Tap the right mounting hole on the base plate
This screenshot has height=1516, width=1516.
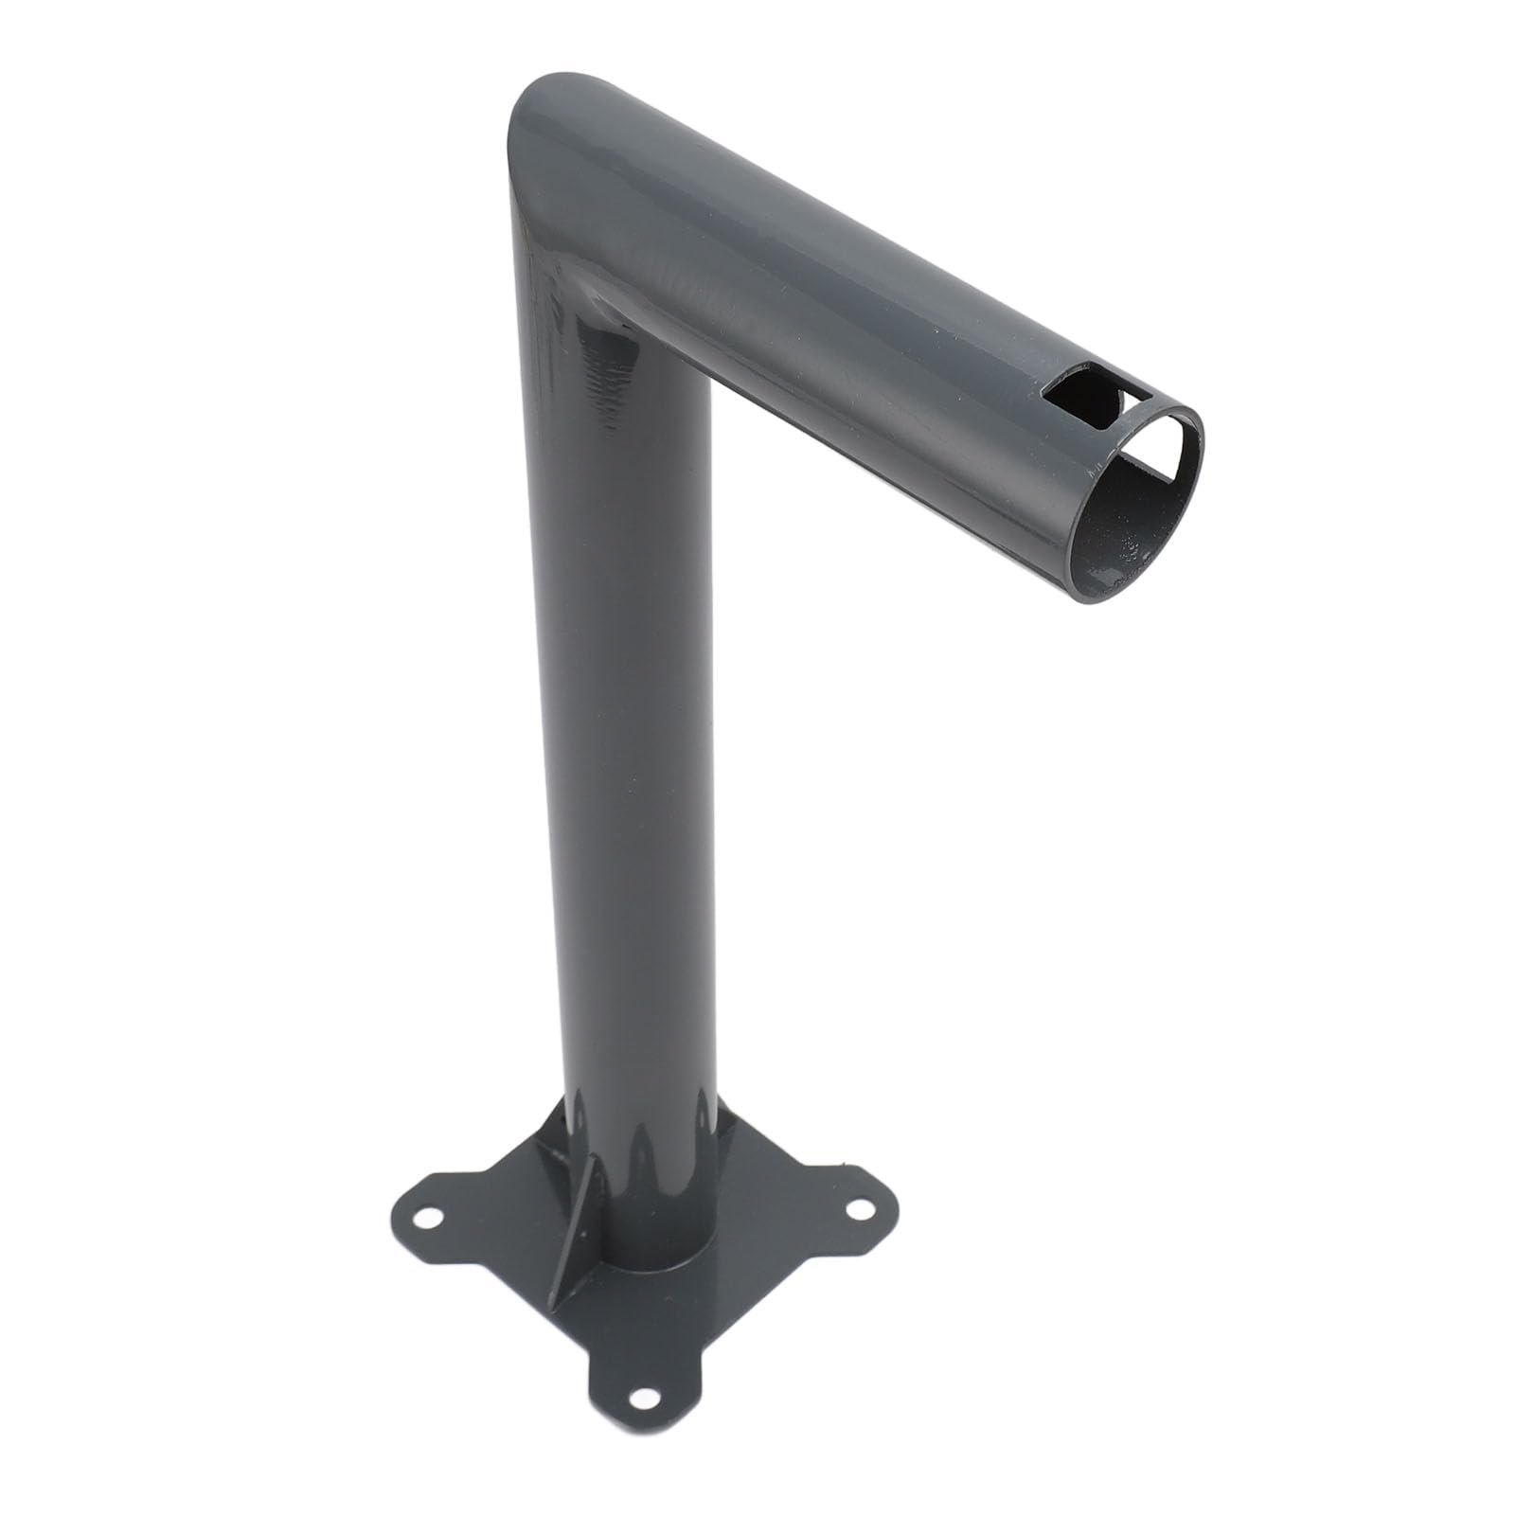click(x=861, y=1208)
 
